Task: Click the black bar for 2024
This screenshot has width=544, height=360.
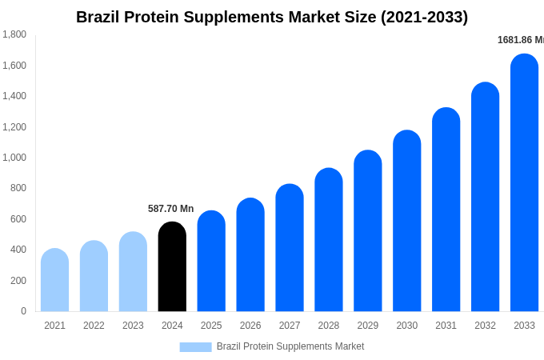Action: click(x=172, y=267)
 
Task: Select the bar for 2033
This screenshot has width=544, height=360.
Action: click(x=524, y=183)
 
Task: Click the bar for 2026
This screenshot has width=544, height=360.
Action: click(x=250, y=255)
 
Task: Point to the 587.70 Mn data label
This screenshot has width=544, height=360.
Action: click(x=170, y=209)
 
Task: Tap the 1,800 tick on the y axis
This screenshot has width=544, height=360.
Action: click(x=14, y=34)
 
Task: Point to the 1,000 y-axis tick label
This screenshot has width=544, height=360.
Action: click(x=14, y=158)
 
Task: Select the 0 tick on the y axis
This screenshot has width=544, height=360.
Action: click(x=23, y=311)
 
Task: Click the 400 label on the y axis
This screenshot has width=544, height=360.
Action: click(x=18, y=250)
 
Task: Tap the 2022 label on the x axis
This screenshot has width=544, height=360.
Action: click(x=94, y=326)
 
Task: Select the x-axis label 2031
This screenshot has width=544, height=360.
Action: click(x=446, y=326)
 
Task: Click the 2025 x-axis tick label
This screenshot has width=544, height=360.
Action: click(x=211, y=326)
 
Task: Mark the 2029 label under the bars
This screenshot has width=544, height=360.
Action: click(x=367, y=326)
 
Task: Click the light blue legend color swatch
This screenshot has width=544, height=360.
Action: click(x=195, y=347)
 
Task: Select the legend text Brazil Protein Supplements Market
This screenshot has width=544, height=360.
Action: click(x=290, y=346)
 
